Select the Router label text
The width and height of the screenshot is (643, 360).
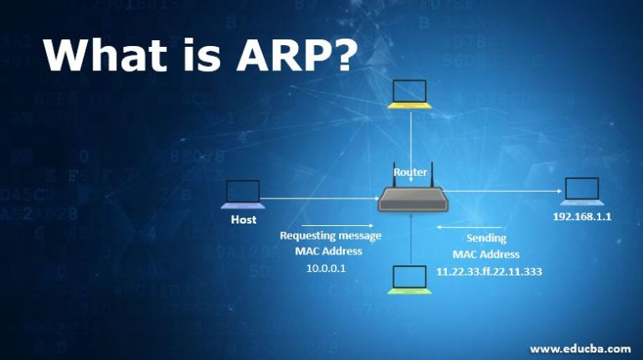(x=410, y=172)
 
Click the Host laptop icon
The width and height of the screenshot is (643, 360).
(x=243, y=195)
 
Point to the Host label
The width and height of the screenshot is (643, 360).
(x=244, y=220)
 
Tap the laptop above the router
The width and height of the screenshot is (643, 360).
(x=410, y=95)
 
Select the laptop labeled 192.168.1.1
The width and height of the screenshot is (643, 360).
(x=581, y=193)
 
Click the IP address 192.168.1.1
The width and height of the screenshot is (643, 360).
(x=583, y=216)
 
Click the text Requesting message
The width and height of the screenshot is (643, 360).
(x=330, y=235)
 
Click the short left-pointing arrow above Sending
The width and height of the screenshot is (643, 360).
(x=459, y=225)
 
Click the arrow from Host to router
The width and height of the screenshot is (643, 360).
(x=318, y=199)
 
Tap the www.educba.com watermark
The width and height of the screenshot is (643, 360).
(x=580, y=347)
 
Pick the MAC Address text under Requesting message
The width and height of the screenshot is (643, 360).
(x=328, y=251)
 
